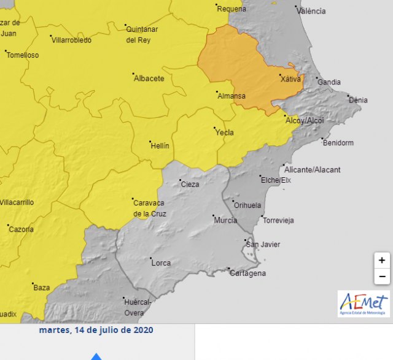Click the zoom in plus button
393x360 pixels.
point(382,260)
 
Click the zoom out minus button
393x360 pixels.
point(382,277)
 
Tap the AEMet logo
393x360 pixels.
point(364,304)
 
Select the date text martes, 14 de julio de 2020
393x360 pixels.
point(96,330)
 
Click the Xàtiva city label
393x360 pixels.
point(290,79)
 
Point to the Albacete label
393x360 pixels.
point(149,79)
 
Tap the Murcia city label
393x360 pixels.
point(225,220)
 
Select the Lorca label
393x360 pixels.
point(161,263)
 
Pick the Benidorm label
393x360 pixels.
point(338,143)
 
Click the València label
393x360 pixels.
point(311,11)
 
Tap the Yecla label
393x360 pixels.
point(225,132)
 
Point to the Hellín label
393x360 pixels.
point(160,146)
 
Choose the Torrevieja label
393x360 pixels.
point(279,220)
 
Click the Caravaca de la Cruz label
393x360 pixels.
point(150,208)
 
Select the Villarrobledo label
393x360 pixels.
point(72,40)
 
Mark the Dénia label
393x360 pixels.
point(358,100)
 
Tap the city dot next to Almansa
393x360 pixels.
point(217,93)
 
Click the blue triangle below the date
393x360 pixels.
point(96,356)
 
